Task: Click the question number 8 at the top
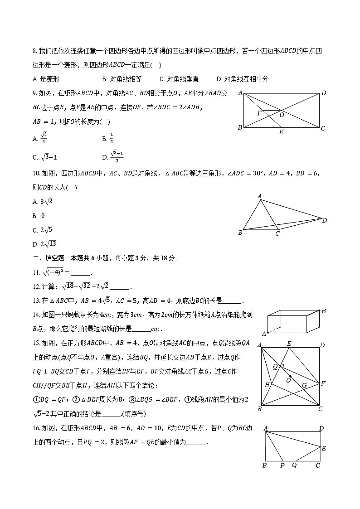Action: coord(34,51)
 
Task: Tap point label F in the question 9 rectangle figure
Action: coord(259,113)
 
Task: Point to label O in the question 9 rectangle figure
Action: coord(282,115)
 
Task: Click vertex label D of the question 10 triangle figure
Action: coord(324,221)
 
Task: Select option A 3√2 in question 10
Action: coord(44,201)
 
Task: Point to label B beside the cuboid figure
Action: coord(323,311)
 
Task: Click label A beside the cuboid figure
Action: coord(263,334)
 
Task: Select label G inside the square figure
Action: coord(304,386)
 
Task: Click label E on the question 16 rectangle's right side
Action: coord(324,448)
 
